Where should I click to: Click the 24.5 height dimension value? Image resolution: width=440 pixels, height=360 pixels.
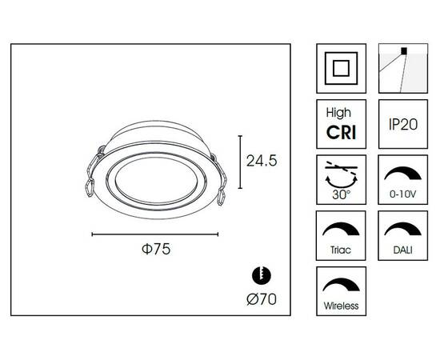[262, 161]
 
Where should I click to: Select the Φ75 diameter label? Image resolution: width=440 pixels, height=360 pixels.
[156, 249]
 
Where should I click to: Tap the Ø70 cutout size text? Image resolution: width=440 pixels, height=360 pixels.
[262, 299]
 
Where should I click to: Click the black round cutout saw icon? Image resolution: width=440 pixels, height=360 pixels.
[262, 274]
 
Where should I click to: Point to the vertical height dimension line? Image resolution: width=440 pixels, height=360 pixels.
[240, 162]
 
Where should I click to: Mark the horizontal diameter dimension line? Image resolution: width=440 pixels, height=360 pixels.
[155, 234]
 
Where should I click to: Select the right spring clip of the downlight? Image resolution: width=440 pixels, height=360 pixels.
[220, 181]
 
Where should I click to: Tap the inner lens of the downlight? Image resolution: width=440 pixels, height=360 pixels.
[157, 181]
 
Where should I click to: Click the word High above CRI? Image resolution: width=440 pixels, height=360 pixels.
[338, 113]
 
